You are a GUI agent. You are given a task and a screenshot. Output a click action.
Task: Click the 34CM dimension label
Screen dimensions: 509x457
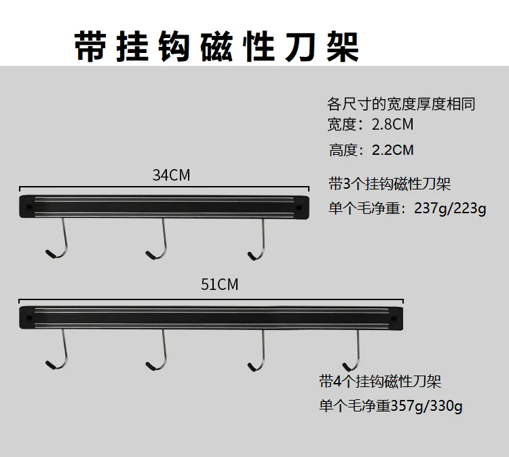point(171,175)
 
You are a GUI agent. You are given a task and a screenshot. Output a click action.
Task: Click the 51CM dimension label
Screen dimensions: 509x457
point(219,285)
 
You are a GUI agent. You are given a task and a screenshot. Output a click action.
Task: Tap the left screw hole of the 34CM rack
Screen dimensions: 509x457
point(29,206)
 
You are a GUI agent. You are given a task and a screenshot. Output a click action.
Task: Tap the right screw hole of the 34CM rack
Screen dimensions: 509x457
point(299,207)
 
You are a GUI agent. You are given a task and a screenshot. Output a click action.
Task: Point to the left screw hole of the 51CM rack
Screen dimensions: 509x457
point(29,318)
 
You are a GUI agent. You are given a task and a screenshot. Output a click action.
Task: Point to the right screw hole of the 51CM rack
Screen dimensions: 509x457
point(394,318)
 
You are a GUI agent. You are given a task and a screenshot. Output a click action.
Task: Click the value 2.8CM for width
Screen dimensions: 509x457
point(392,124)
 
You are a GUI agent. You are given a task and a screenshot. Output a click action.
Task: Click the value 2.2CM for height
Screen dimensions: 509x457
point(393,150)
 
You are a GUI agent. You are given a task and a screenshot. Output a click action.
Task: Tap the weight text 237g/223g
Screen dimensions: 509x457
point(450,208)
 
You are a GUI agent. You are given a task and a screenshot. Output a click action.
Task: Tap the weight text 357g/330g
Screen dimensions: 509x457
point(427,406)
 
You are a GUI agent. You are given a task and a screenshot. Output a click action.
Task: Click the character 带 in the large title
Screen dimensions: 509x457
point(91,46)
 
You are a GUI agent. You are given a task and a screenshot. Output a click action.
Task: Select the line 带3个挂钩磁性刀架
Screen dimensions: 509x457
point(390,184)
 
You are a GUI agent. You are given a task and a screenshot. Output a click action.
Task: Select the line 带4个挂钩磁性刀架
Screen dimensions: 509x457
point(380,381)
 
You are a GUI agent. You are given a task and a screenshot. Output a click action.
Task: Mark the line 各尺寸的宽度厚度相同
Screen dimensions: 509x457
point(401,105)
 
